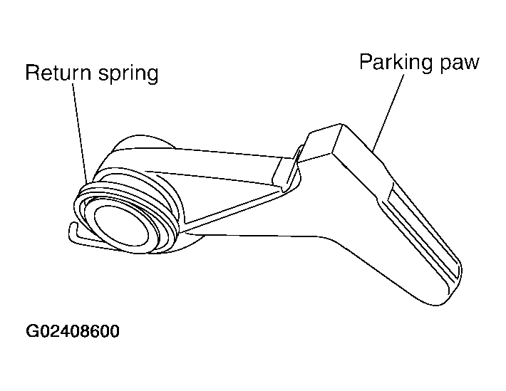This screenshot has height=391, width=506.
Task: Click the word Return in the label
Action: pyautogui.click(x=58, y=73)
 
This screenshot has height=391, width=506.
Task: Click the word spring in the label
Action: pyautogui.click(x=128, y=74)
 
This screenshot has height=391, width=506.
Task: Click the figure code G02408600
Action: pyautogui.click(x=73, y=331)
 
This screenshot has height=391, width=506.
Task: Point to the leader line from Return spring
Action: pyautogui.click(x=80, y=131)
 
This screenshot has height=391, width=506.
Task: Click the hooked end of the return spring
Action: pyautogui.click(x=73, y=232)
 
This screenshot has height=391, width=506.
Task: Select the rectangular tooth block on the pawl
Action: pyautogui.click(x=323, y=142)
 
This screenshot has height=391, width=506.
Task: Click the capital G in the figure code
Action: pyautogui.click(x=32, y=331)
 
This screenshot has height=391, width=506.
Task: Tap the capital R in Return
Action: pyautogui.click(x=33, y=73)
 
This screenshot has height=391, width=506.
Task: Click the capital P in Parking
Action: pyautogui.click(x=366, y=62)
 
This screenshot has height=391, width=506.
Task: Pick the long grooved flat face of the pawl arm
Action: pyautogui.click(x=420, y=232)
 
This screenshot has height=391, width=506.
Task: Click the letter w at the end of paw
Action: pyautogui.click(x=471, y=64)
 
